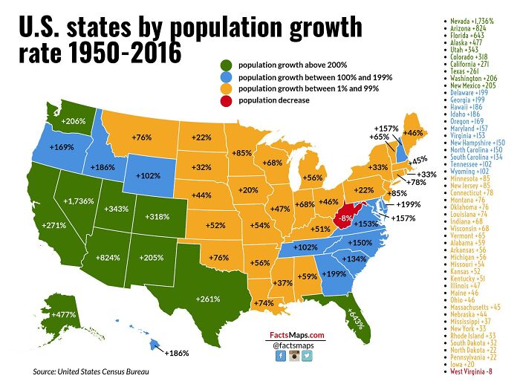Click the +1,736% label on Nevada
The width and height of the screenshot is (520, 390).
[x=78, y=201]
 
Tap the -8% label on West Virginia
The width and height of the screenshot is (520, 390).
[x=344, y=218]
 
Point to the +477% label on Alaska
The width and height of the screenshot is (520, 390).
[x=64, y=314]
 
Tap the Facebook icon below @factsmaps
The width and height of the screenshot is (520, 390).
[x=281, y=356]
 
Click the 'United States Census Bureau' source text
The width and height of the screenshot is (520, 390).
[x=108, y=371]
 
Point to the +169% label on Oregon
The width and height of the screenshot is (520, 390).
[x=62, y=147]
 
